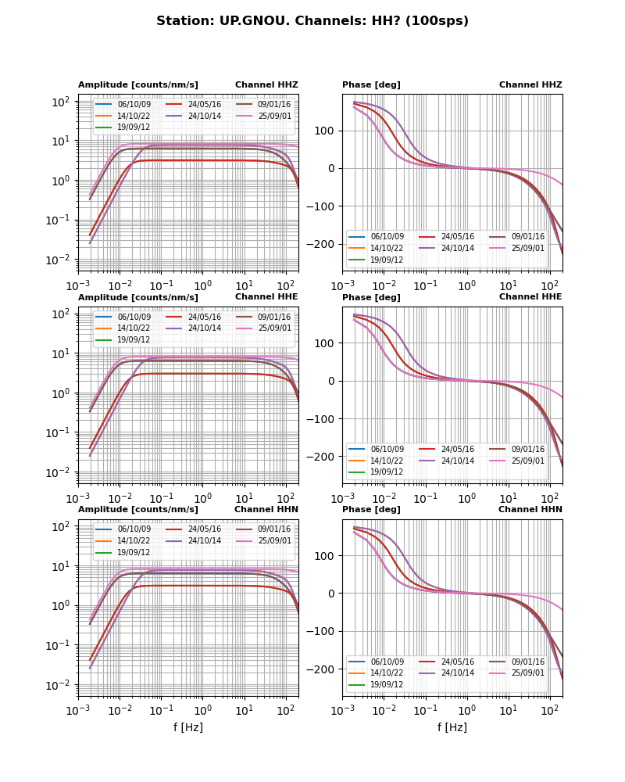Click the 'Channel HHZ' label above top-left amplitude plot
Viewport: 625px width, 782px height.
266,85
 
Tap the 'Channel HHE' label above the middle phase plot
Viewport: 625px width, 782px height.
530,297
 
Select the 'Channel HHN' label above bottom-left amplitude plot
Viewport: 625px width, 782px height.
266,510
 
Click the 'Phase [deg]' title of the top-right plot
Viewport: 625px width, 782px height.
371,85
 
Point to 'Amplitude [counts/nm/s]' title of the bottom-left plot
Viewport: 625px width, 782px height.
138,510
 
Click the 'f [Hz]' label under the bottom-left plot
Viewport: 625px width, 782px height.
188,727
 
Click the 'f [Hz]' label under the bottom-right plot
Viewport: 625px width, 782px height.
452,727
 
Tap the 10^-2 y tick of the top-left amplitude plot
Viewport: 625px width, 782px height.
59,260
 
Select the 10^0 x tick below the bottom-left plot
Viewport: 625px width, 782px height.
202,710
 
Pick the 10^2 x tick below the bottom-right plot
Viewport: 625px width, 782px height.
550,710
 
